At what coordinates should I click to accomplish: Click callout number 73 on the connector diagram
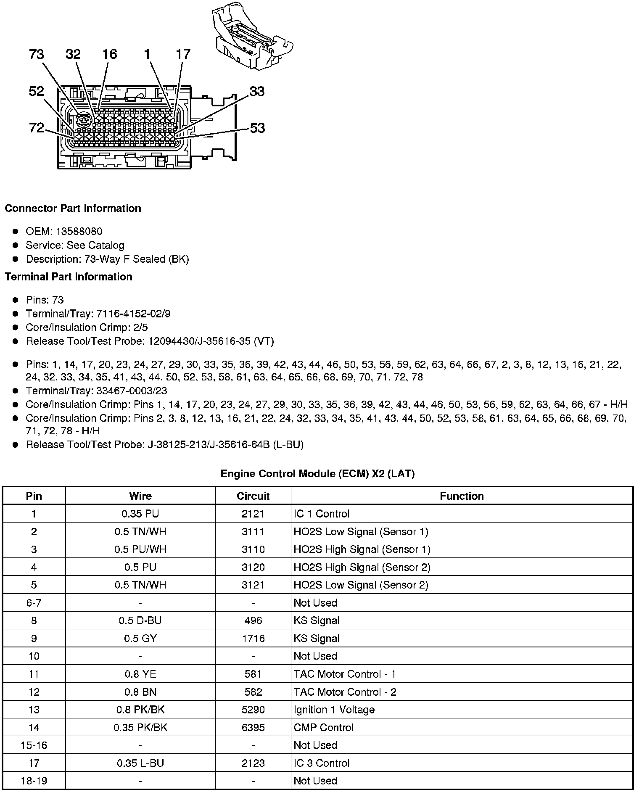[37, 54]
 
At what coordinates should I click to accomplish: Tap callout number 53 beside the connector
[257, 128]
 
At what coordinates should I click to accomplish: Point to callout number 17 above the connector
[183, 54]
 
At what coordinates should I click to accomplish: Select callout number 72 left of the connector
[37, 127]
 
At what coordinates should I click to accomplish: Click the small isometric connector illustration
[252, 36]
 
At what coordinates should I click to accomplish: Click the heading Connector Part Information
[73, 209]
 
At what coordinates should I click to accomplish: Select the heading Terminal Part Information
[69, 277]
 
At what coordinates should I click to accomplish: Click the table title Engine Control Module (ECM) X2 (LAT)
[317, 474]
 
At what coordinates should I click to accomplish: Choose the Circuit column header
[253, 496]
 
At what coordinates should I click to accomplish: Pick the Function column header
[462, 496]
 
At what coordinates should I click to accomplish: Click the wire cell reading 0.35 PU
[140, 514]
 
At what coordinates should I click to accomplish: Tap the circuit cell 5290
[253, 710]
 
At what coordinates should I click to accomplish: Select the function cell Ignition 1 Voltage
[334, 710]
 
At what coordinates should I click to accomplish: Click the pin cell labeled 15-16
[34, 745]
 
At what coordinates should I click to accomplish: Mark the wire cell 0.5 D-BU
[140, 620]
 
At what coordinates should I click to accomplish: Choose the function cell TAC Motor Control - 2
[345, 692]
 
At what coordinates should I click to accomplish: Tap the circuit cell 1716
[253, 638]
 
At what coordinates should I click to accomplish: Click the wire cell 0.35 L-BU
[140, 763]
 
